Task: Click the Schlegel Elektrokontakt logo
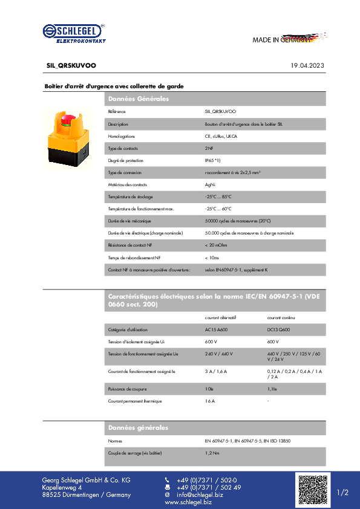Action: (73, 33)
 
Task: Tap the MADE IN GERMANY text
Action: (282, 40)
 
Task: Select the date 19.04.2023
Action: (307, 65)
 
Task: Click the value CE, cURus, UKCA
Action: (220, 136)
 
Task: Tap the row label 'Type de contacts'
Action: (123, 148)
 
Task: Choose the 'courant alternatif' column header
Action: (220, 317)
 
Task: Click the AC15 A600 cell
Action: (217, 329)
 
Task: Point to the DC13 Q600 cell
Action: (278, 329)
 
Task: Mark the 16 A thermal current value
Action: (210, 401)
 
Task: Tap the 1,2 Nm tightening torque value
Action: (212, 453)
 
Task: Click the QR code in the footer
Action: (312, 490)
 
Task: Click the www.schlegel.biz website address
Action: (188, 502)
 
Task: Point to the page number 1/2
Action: (342, 493)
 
